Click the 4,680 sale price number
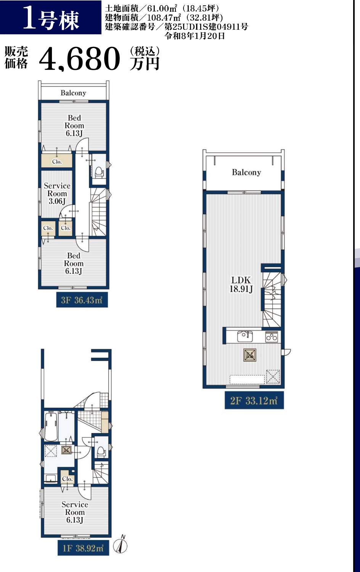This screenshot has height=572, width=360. (x=79, y=59)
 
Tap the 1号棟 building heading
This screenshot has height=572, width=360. (x=51, y=18)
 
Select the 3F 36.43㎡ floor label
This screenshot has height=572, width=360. (x=82, y=300)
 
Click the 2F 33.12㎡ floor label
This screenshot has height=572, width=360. (x=254, y=401)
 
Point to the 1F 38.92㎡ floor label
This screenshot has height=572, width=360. (x=83, y=548)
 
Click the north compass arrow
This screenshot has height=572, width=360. (x=122, y=545)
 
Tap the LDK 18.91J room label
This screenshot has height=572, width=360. (x=241, y=284)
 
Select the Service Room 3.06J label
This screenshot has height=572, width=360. (x=57, y=193)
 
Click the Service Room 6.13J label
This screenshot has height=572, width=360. (x=74, y=512)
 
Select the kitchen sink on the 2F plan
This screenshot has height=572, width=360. (x=245, y=336)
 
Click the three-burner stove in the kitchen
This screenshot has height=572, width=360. (x=272, y=337)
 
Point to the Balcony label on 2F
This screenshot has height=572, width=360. (x=246, y=172)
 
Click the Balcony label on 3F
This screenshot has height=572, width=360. (x=73, y=93)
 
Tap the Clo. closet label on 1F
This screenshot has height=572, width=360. (x=67, y=479)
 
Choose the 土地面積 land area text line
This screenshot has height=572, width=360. (x=162, y=8)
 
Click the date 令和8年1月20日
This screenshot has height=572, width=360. (x=194, y=36)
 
